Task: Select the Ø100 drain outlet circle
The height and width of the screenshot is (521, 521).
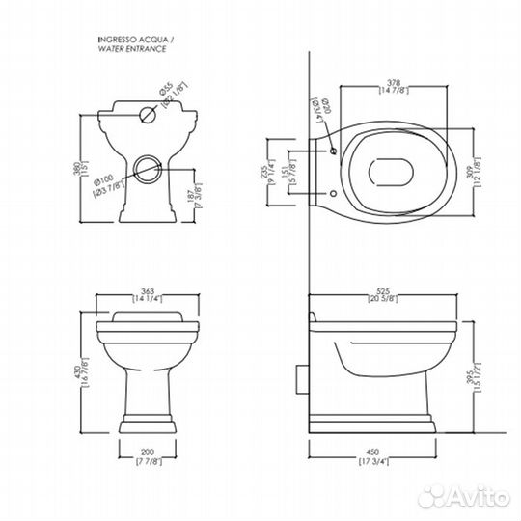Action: [148, 169]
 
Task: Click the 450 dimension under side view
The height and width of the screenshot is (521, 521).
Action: [380, 457]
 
